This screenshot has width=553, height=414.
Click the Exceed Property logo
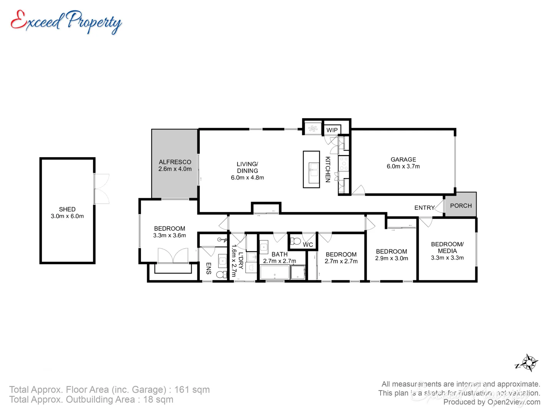(66, 22)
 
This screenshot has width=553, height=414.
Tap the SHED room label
(67, 209)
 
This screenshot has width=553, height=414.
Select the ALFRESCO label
(175, 162)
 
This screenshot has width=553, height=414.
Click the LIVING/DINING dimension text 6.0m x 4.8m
(247, 178)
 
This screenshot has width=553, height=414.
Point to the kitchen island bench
(311, 169)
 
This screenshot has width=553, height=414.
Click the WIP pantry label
(332, 130)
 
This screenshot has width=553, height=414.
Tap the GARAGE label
(403, 159)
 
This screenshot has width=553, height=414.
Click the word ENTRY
(424, 208)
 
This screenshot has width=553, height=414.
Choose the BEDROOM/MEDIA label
(447, 247)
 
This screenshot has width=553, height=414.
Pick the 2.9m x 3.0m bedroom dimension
(391, 258)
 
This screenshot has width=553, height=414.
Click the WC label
(308, 245)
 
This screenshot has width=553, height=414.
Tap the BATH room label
(279, 254)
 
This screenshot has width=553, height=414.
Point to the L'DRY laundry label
(241, 261)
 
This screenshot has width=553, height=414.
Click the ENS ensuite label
(209, 268)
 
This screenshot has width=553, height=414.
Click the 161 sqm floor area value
(192, 389)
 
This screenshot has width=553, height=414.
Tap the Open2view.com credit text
(514, 402)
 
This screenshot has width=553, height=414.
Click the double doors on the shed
(102, 189)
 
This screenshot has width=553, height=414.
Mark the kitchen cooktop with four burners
(344, 163)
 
